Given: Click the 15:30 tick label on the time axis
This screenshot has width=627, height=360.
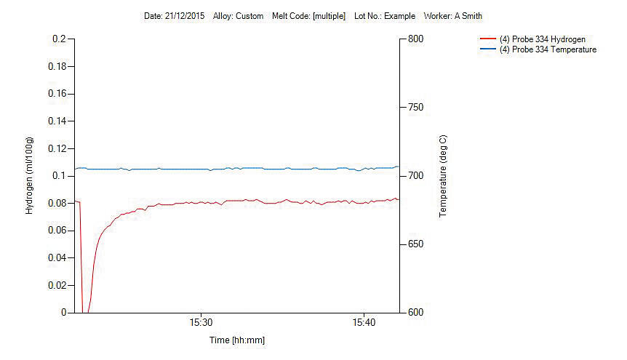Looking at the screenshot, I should (201, 322).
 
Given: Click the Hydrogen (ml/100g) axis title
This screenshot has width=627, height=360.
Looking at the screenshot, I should (30, 175).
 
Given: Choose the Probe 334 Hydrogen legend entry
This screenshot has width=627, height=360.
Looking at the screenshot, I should (542, 39).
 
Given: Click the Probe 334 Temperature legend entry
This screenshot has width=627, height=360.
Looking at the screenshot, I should (548, 49).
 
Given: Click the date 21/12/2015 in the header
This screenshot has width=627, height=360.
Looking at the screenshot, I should (184, 16).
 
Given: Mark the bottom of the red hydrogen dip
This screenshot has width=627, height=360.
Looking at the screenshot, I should (84, 312).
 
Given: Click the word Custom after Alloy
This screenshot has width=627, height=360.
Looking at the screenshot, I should (249, 16).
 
